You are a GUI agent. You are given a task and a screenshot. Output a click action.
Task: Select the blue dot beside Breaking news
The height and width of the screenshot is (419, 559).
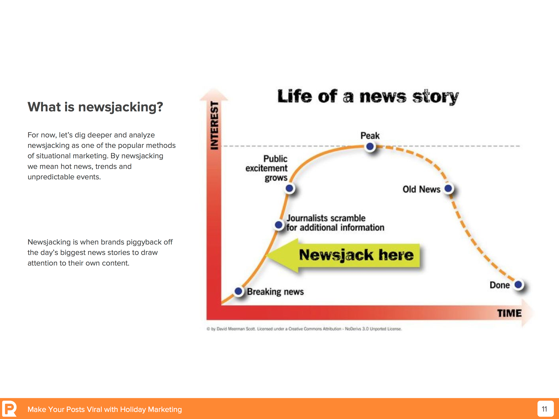(238, 291)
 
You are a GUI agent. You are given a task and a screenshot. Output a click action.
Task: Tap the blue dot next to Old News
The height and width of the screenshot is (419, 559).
(448, 188)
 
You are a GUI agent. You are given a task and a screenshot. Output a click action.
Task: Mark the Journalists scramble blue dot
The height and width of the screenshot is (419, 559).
(279, 225)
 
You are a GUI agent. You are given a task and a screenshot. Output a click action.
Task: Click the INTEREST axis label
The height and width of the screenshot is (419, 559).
(214, 126)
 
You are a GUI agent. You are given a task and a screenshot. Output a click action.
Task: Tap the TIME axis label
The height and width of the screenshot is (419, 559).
(509, 313)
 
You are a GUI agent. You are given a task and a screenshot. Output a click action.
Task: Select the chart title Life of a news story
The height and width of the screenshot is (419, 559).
(368, 96)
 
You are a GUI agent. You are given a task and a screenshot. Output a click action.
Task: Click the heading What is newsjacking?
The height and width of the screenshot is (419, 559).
(95, 107)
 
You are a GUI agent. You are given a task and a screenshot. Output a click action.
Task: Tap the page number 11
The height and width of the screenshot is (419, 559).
(545, 409)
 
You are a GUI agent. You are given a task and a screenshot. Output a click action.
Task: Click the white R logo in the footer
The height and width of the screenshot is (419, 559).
(10, 409)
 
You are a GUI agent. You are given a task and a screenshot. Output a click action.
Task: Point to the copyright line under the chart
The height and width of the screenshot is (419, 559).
(304, 329)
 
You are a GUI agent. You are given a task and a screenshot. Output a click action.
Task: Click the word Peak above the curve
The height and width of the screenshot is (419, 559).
(370, 136)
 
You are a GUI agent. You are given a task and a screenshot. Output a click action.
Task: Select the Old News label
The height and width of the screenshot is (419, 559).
(421, 189)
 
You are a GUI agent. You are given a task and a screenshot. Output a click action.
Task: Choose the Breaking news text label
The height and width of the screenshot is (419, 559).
(275, 292)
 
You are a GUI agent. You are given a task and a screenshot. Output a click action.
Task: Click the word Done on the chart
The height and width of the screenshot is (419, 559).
(500, 285)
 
